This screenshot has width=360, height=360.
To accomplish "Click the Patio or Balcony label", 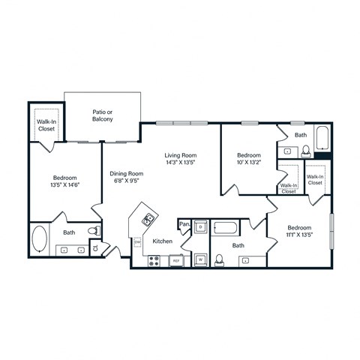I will click(x=103, y=115).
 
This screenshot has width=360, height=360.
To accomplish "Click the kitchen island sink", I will click(x=148, y=219).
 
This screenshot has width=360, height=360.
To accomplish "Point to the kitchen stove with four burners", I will click(x=154, y=261).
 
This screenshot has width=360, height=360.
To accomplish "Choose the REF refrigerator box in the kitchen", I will click(x=176, y=261).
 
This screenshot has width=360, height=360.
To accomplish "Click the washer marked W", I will click(x=200, y=260).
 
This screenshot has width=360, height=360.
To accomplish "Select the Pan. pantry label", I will click(x=184, y=223).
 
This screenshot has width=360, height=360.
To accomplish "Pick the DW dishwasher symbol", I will click(x=137, y=242).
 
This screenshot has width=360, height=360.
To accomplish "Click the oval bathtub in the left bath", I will click(x=40, y=241).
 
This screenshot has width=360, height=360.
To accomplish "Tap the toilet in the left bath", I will click(x=93, y=230).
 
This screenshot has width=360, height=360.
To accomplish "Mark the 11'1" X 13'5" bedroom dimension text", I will click(x=298, y=233).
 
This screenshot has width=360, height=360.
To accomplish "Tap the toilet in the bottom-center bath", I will click(x=219, y=259).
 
